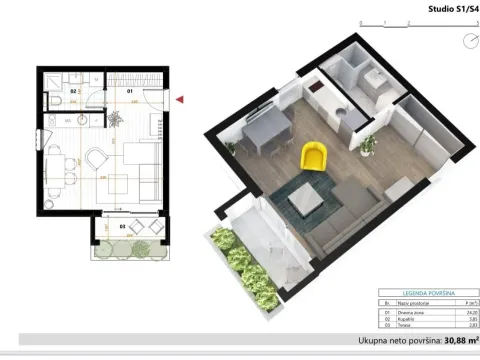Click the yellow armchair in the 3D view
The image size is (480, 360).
point(314,156)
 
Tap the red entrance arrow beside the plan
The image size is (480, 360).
point(179,99)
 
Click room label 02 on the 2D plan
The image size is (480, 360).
point(75,91)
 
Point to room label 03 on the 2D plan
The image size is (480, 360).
point(122,227)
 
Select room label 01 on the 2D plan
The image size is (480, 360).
point(129,91)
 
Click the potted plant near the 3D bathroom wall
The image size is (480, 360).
point(368,145)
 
